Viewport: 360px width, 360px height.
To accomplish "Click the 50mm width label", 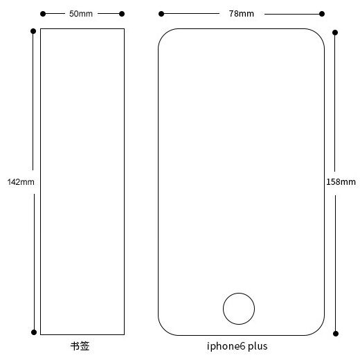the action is tap(81, 14).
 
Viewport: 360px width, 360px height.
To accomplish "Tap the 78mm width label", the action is tap(242, 14).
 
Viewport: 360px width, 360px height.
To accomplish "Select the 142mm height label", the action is tap(21, 182).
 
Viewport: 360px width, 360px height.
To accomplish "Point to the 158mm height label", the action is tap(341, 182).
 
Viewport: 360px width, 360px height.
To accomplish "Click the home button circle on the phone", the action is tap(239, 294).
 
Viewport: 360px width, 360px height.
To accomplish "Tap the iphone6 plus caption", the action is tap(237, 346).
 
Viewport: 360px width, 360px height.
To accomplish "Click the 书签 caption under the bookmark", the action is tap(80, 346).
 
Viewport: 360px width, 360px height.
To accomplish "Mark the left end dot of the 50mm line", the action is tap(43, 14).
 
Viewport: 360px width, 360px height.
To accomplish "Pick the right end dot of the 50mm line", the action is tap(122, 14).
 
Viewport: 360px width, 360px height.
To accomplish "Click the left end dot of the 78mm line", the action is tap(161, 14).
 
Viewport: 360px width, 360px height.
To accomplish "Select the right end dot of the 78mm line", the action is tap(322, 14).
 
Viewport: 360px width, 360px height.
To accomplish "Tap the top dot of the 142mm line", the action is tap(33, 31).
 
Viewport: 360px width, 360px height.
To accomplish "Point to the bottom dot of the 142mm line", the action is tap(34, 332).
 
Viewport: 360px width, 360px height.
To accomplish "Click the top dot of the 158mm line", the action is tap(335, 33).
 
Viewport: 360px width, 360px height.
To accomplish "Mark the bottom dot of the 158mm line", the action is tap(336, 334).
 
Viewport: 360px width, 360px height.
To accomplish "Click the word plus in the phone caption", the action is tap(258, 346).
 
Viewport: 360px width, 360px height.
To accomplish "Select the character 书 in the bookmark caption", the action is tap(75, 346).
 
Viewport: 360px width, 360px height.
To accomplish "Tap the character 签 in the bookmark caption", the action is tap(84, 346).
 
